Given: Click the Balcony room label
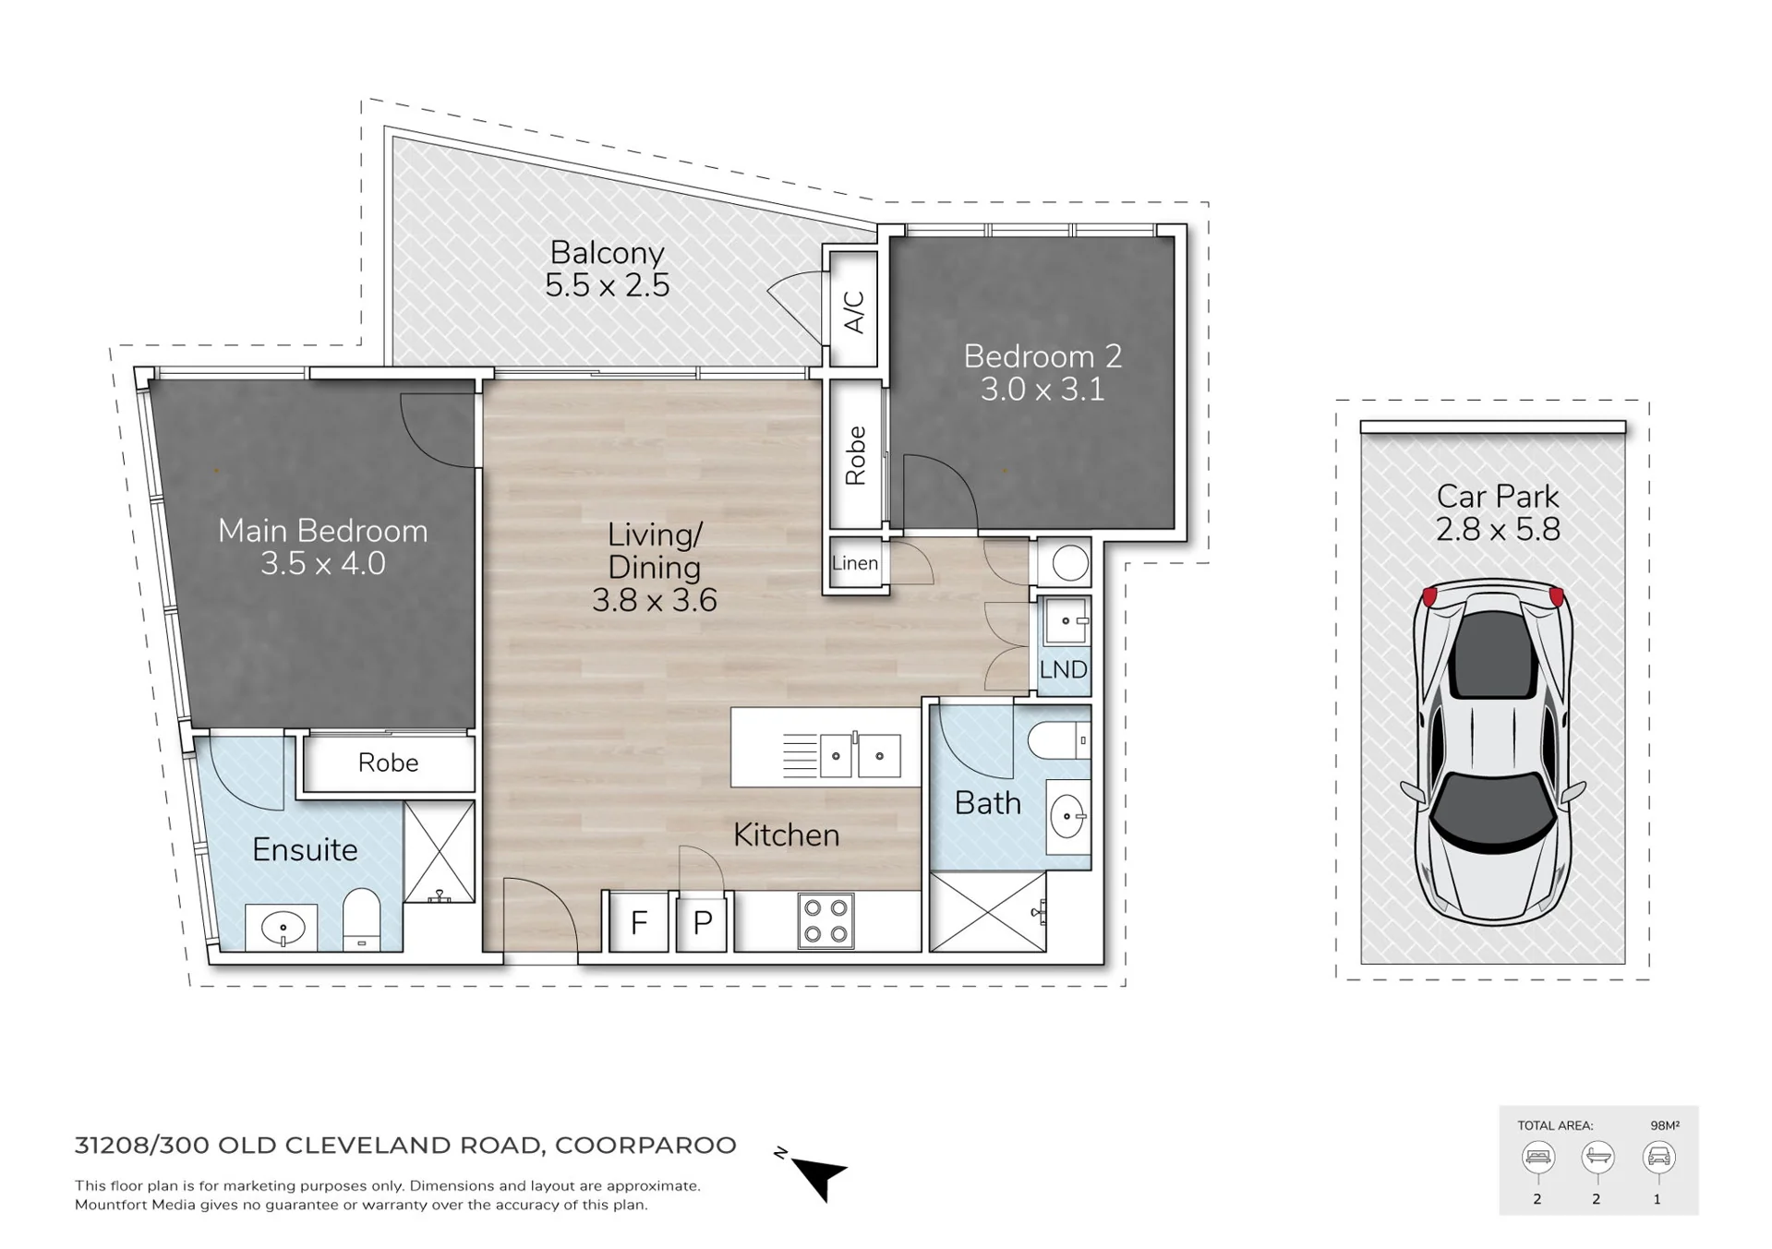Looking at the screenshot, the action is (607, 253).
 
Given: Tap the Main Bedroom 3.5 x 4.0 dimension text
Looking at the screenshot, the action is (322, 563).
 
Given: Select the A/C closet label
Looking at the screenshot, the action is (854, 311).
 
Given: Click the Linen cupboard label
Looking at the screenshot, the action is (855, 563).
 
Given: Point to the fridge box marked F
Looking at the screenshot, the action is (639, 922).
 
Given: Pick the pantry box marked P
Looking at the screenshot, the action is (703, 922).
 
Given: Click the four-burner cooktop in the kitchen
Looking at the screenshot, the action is (826, 921).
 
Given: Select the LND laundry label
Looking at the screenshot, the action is (1063, 669).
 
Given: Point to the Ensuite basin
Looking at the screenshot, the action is (283, 927).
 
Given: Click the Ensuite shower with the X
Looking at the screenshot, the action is (440, 851).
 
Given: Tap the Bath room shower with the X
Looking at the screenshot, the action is (987, 912).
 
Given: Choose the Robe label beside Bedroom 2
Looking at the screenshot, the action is (855, 455).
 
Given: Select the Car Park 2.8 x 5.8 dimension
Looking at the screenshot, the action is (1498, 530).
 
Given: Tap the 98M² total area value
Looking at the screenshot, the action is (1664, 1125).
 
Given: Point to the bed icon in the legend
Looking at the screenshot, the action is (1538, 1157).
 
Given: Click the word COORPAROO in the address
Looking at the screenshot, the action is (645, 1146).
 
